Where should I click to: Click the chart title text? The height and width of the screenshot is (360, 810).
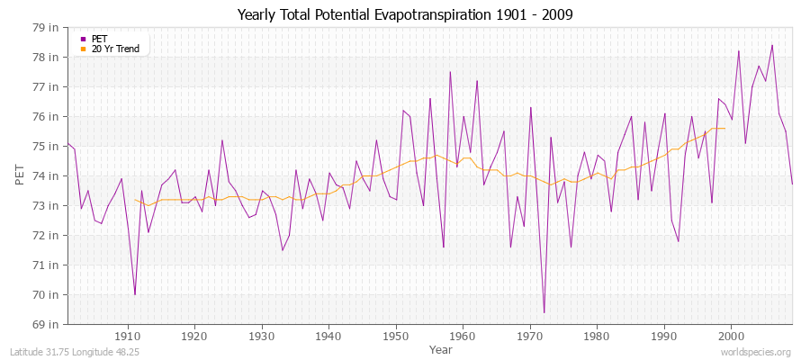click(x=405, y=14)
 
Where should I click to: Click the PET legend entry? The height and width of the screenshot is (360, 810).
click(x=99, y=39)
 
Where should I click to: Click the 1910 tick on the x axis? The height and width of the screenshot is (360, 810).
click(x=128, y=337)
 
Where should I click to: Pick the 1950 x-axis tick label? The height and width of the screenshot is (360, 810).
click(x=396, y=337)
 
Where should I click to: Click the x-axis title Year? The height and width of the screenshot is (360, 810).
click(x=441, y=349)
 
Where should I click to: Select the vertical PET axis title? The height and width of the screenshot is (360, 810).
click(x=20, y=175)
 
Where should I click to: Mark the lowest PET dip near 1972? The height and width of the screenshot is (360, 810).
click(x=544, y=312)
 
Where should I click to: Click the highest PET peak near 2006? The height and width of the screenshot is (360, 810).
click(x=772, y=45)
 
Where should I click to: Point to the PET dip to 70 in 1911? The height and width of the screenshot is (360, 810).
click(x=135, y=294)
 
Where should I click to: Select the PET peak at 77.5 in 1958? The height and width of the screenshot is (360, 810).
click(x=450, y=72)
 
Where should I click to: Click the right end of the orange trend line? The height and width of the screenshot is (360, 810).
click(x=724, y=128)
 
